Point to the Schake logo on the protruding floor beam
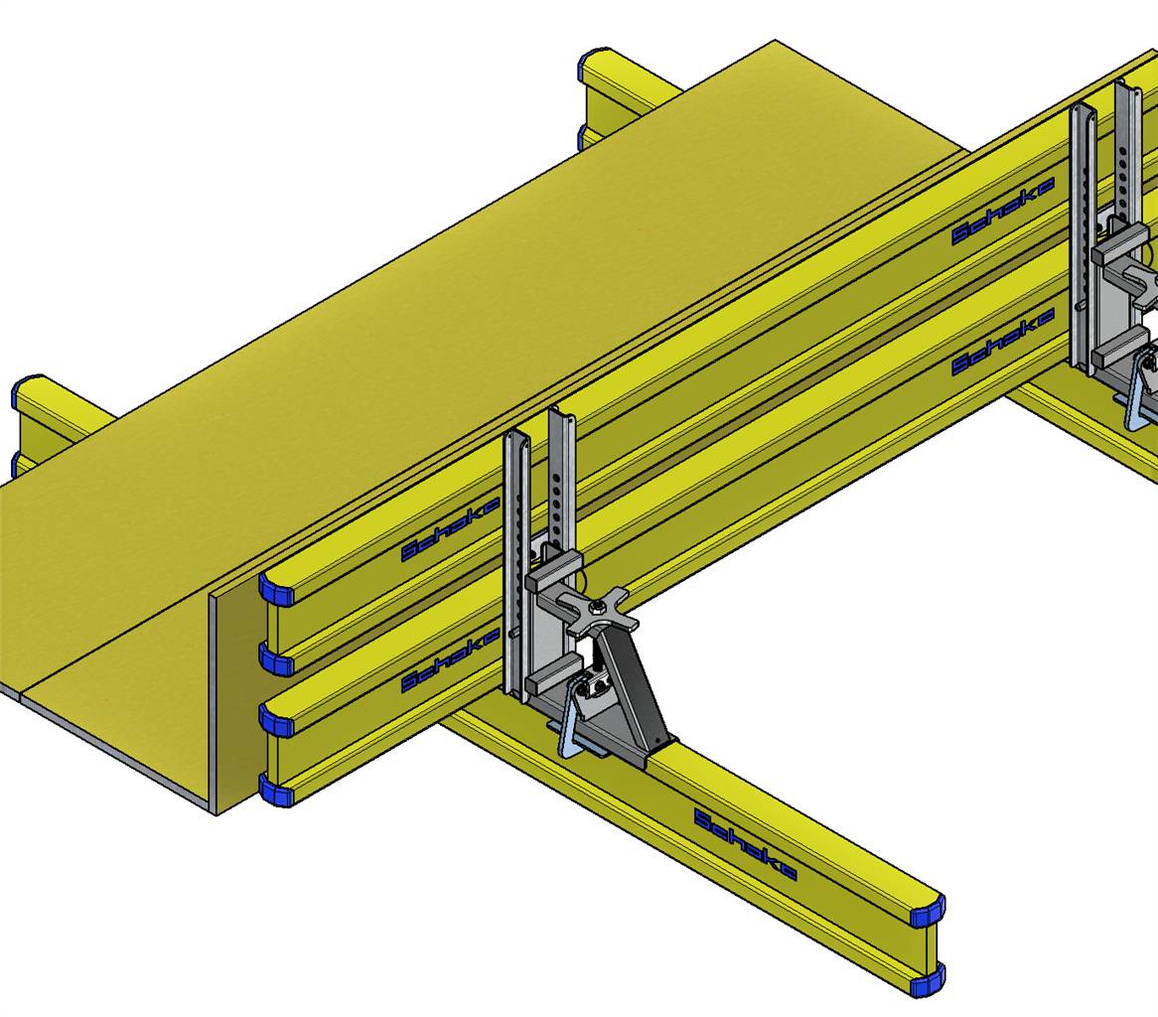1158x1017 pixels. (745, 844)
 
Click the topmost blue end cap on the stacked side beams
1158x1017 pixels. (277, 590)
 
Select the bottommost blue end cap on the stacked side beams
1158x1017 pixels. (277, 791)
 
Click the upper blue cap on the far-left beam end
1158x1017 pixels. (24, 393)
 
